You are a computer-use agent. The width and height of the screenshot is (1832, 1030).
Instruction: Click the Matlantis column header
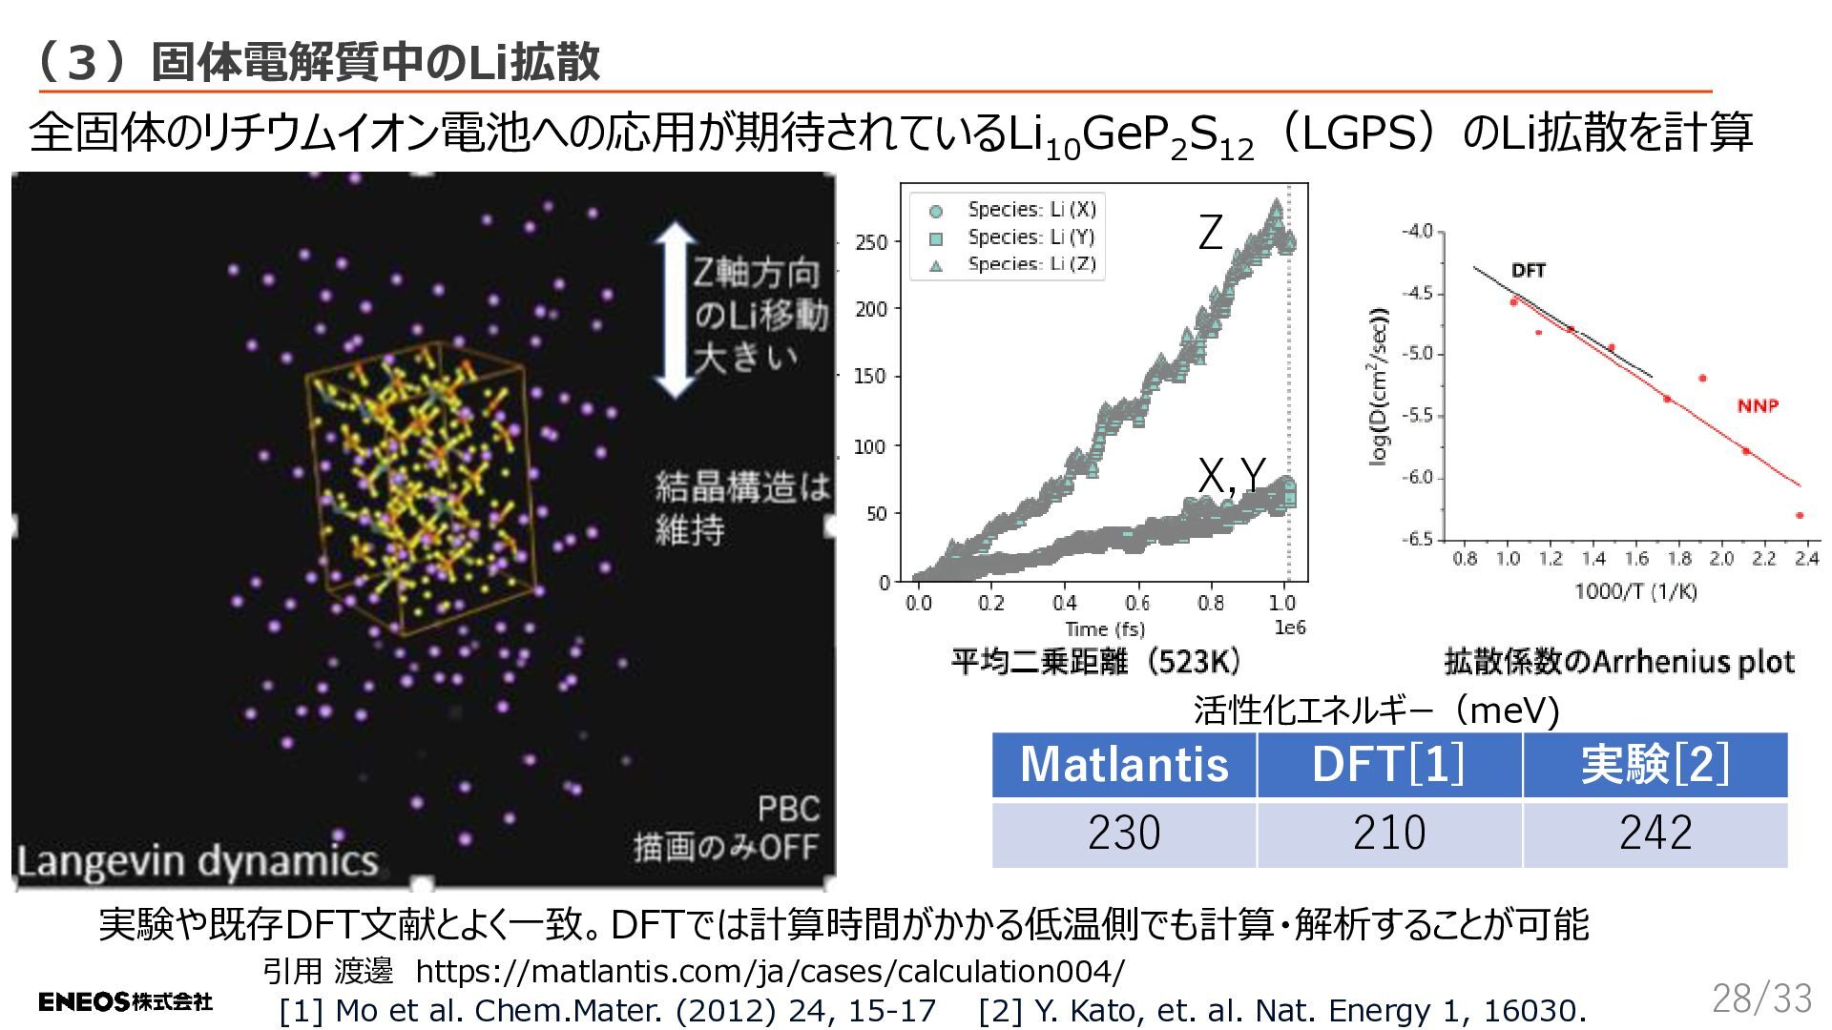click(x=1124, y=765)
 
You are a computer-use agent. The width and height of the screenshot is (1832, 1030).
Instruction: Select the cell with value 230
click(x=1124, y=834)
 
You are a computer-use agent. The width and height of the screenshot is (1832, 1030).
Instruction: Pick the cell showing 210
click(x=1389, y=834)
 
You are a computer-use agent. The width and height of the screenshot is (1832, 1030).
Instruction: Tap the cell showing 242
click(x=1655, y=834)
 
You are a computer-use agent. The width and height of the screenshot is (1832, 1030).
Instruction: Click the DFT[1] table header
click(x=1389, y=765)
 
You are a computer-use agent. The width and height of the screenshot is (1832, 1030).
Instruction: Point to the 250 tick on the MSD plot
click(x=871, y=242)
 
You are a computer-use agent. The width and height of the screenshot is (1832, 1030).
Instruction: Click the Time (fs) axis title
click(x=1104, y=629)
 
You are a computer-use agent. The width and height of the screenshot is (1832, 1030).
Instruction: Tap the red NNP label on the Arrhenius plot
click(x=1758, y=406)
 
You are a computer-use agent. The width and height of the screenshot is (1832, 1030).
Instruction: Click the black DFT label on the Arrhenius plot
click(x=1529, y=271)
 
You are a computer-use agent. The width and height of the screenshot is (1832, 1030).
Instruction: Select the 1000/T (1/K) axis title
click(x=1635, y=591)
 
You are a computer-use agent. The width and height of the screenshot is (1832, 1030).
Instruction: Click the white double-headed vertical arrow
click(x=676, y=310)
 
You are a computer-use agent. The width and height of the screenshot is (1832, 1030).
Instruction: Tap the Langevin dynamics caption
click(x=198, y=861)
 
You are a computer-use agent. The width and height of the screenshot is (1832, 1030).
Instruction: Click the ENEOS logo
click(x=125, y=1001)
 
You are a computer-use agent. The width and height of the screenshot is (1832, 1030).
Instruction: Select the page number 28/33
click(x=1761, y=999)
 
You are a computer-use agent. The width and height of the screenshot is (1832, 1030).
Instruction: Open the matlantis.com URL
click(x=770, y=971)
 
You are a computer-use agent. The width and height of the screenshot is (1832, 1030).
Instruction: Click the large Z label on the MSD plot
click(x=1210, y=233)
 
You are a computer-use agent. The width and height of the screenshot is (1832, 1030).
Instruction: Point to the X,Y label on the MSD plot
click(x=1231, y=476)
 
